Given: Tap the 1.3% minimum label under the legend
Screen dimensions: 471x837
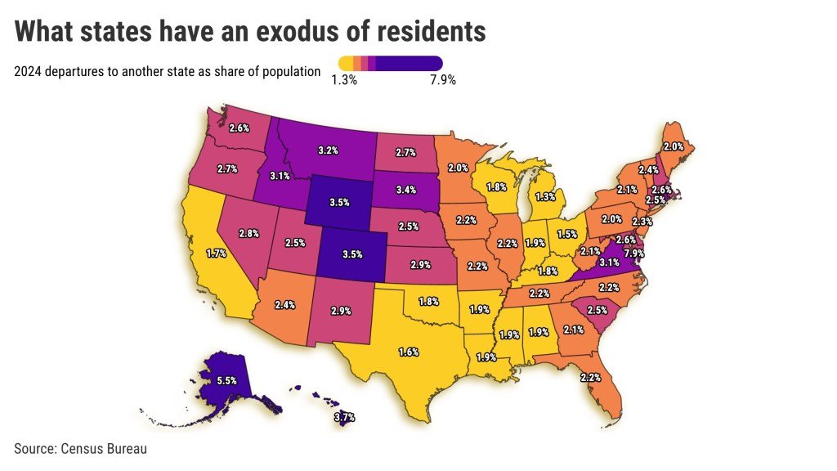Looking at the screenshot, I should [344, 80].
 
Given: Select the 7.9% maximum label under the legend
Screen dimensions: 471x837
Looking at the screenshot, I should [442, 80].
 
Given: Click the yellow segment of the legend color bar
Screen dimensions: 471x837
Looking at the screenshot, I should [346, 63].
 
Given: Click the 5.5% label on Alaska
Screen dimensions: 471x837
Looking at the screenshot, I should [226, 381].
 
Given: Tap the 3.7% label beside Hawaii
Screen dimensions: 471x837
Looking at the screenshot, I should [346, 418].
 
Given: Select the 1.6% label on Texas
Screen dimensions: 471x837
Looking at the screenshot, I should [409, 352].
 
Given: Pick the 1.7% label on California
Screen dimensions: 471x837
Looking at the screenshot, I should [216, 253].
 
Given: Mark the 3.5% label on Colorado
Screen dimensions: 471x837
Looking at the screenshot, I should [352, 254].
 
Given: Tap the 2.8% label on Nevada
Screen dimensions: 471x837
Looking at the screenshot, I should [249, 233].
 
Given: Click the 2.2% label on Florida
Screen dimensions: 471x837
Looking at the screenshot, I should [590, 377].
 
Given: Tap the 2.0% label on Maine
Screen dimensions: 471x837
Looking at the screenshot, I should [673, 146].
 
